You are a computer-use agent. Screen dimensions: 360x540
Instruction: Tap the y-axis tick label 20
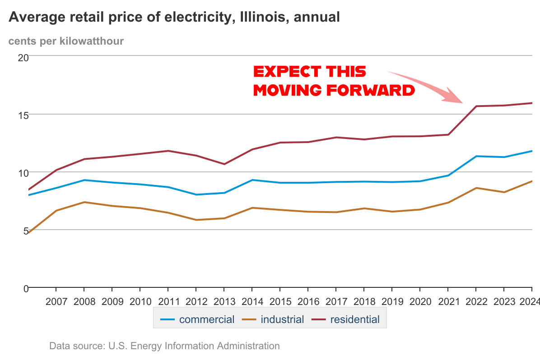(x=23, y=57)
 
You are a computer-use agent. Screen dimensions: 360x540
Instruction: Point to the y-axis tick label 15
(x=23, y=115)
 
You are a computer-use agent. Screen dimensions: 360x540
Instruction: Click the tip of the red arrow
(x=463, y=102)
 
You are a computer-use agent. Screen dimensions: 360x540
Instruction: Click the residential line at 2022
(x=476, y=106)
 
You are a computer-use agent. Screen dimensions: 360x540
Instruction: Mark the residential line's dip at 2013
(x=224, y=164)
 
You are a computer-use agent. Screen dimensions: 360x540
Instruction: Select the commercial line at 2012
(x=196, y=194)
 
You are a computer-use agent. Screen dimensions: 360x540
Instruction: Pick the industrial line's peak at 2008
(x=84, y=202)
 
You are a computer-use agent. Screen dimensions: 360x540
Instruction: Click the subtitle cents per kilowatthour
(x=66, y=41)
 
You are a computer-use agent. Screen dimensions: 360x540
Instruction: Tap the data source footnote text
(x=164, y=346)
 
